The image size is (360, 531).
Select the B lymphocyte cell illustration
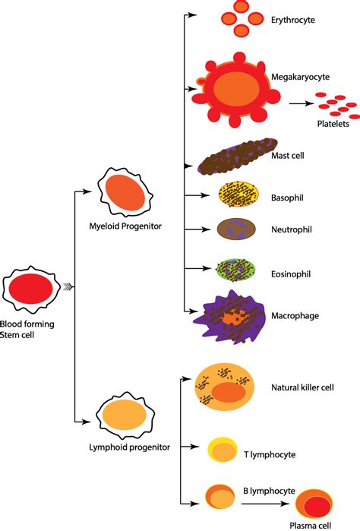(221, 496)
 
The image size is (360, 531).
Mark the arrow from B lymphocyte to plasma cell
(270, 503)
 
